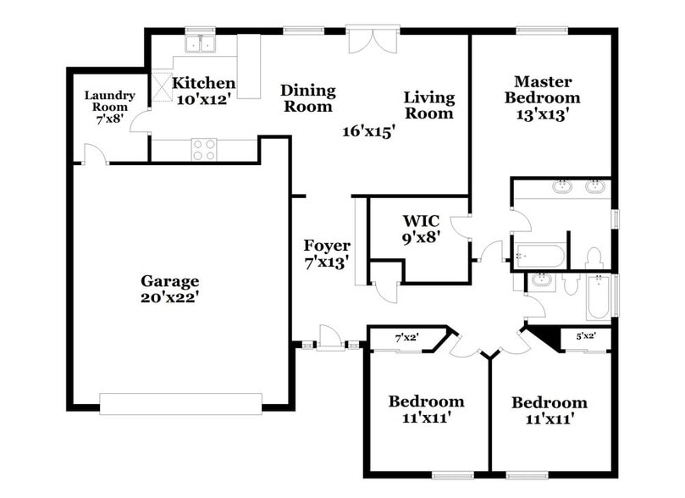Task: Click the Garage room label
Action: pyautogui.click(x=169, y=281)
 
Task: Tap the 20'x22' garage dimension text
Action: pyautogui.click(x=169, y=297)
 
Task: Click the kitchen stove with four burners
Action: pyautogui.click(x=204, y=150)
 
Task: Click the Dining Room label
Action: pyautogui.click(x=308, y=98)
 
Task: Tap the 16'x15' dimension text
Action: pyautogui.click(x=369, y=131)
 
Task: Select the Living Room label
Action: pyautogui.click(x=428, y=105)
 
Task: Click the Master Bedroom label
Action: pyautogui.click(x=543, y=90)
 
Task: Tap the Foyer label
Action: pyautogui.click(x=327, y=246)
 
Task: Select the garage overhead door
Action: pyautogui.click(x=181, y=403)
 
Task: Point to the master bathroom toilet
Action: pyautogui.click(x=593, y=257)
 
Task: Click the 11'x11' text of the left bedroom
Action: pyautogui.click(x=426, y=418)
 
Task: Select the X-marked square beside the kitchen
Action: pyautogui.click(x=161, y=86)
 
